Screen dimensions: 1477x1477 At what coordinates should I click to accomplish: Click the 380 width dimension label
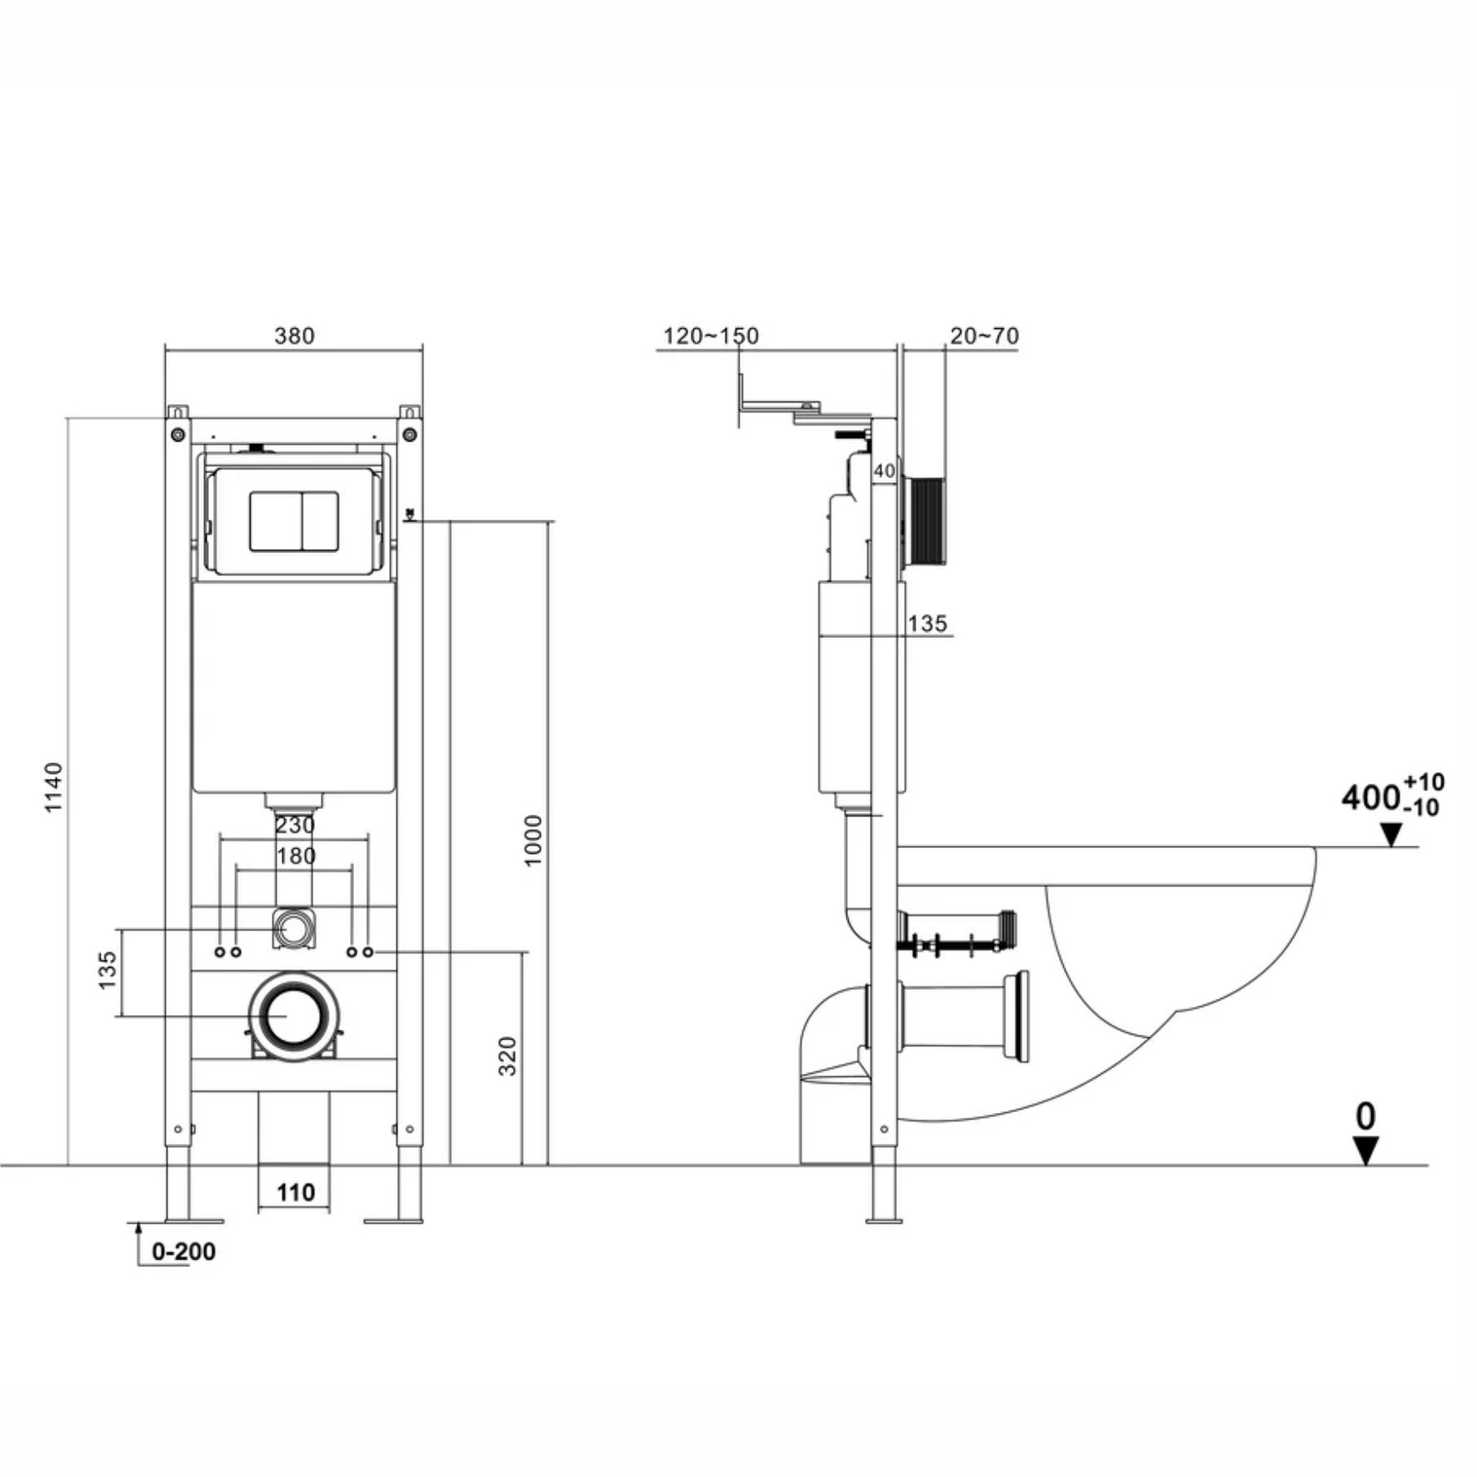coord(294,336)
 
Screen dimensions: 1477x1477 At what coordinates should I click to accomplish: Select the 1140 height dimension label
coord(53,787)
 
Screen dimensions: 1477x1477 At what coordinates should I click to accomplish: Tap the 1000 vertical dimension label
coord(533,841)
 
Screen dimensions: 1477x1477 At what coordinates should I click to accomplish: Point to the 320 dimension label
coord(507,1056)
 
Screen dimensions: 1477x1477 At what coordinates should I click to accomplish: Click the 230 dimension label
coord(295,825)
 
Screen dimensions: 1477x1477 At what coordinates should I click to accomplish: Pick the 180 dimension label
coord(296,856)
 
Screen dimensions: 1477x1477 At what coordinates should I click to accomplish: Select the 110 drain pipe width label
coord(296,1193)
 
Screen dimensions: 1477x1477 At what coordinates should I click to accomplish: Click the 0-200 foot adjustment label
coord(183,1251)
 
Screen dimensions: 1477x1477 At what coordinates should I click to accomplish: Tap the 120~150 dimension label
coord(711,336)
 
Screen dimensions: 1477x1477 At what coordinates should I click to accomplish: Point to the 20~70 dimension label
coord(984,336)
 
